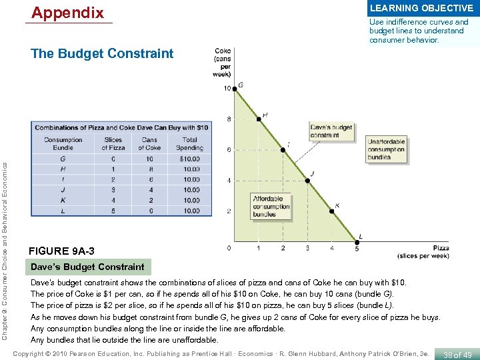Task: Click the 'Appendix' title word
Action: (68, 13)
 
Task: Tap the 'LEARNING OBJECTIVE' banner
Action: (421, 8)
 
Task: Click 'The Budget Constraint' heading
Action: (102, 54)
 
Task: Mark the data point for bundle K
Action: (333, 211)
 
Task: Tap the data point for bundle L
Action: (357, 241)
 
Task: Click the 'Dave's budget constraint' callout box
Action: (325, 130)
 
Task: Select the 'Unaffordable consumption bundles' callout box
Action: (387, 149)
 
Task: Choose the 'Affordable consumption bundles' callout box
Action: (271, 206)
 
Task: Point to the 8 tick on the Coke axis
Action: (229, 119)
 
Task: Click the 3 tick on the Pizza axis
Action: (307, 249)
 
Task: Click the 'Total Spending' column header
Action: (190, 144)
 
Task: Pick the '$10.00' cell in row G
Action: (190, 159)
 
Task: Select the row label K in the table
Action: (63, 200)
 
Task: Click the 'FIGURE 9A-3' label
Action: (62, 251)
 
